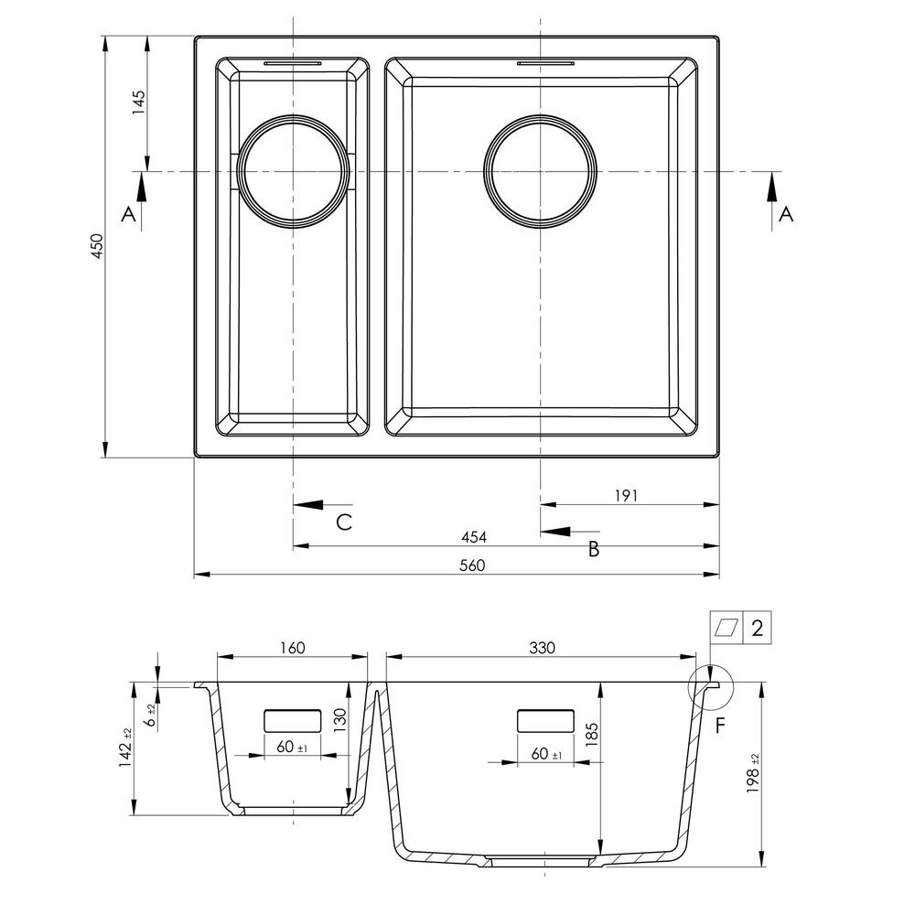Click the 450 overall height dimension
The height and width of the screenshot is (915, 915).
point(97,246)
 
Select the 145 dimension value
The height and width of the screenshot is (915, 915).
point(138,102)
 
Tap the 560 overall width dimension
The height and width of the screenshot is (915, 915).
point(473,565)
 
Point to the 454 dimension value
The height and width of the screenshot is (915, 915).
point(474,537)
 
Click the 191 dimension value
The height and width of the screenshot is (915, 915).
point(626,496)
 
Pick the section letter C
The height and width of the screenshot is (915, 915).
point(344,522)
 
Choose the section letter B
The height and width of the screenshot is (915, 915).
point(594,549)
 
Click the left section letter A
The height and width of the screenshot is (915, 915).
point(128,214)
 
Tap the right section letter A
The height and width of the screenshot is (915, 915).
point(786,214)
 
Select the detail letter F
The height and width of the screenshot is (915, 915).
point(720,726)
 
